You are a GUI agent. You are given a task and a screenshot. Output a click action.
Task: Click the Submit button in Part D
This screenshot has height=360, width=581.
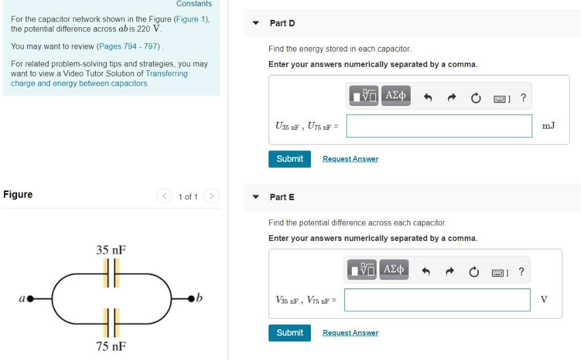289,159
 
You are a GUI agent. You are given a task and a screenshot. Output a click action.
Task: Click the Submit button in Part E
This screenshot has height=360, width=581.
289,333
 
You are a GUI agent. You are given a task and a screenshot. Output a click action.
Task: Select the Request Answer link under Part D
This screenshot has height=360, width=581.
350,159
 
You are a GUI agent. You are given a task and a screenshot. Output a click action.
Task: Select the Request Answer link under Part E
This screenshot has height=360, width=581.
350,333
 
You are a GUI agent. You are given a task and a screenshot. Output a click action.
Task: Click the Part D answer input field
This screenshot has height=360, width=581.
439,126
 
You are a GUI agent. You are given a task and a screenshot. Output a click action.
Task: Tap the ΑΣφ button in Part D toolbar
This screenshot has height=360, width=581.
395,96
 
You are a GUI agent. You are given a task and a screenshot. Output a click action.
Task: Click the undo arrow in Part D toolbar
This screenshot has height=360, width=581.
428,99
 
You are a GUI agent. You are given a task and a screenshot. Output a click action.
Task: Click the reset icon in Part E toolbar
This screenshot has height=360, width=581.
473,273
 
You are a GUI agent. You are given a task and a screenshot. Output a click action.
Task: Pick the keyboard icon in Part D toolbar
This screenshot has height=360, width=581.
499,99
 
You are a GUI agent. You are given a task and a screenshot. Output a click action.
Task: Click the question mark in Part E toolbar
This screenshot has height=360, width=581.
521,272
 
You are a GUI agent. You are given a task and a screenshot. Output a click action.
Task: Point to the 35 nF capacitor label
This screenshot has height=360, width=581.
111,250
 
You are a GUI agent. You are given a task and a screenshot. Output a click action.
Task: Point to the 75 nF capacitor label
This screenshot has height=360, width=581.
111,346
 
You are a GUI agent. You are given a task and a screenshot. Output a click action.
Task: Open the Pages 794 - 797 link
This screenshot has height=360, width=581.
129,46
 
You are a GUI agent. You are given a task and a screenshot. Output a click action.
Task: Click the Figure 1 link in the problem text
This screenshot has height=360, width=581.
187,19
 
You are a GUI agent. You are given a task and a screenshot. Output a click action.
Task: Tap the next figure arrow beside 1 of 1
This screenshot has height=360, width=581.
211,197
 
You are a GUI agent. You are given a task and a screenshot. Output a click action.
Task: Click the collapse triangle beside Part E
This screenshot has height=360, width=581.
256,197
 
